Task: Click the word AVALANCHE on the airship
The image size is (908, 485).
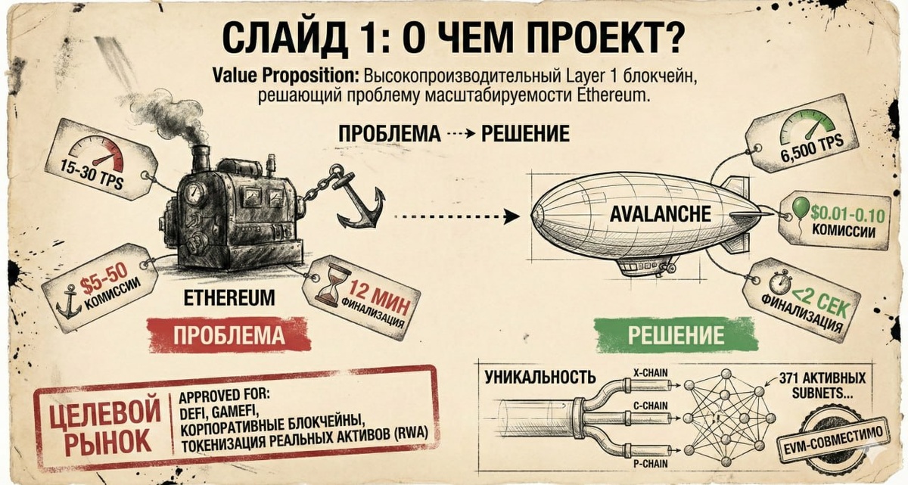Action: [x=661, y=214]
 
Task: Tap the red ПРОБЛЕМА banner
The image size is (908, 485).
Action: [x=229, y=334]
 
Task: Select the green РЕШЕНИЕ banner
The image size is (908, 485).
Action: [x=675, y=334]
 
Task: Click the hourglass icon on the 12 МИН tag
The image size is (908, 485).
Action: [x=331, y=285]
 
